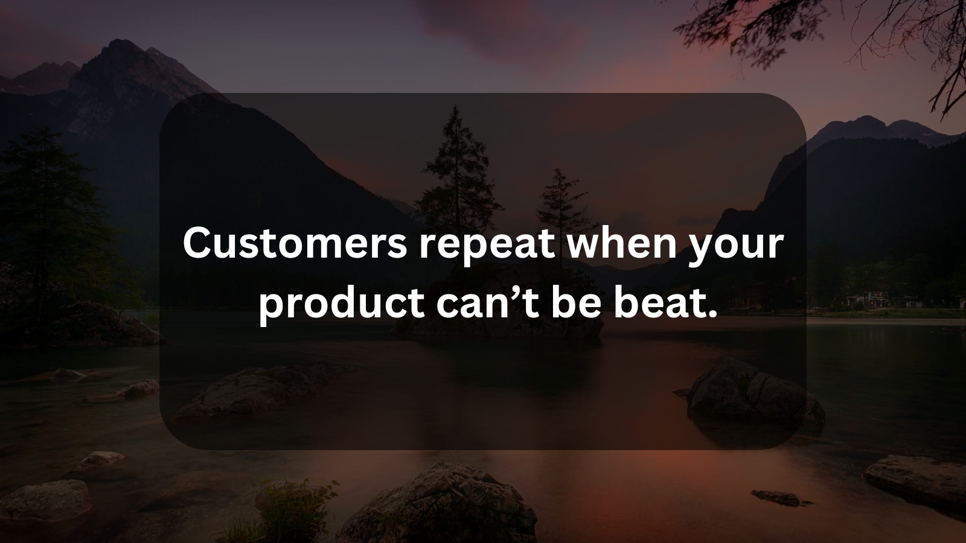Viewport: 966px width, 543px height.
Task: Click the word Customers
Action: point(295,244)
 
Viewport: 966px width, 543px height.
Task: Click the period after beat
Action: point(710,314)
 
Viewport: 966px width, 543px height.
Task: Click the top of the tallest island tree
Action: point(455,106)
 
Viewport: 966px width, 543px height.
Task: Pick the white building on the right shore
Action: point(863,299)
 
